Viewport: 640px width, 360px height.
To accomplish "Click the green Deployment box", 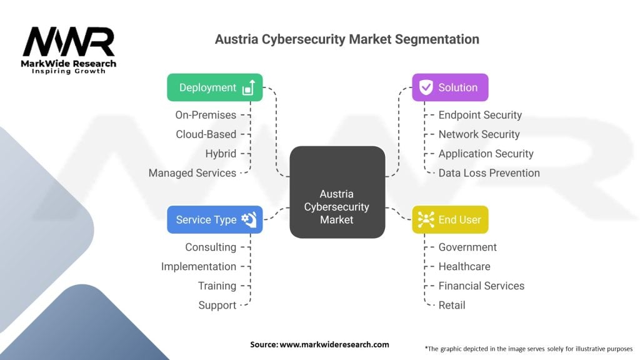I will pyautogui.click(x=214, y=87).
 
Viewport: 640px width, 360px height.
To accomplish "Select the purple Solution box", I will pyautogui.click(x=450, y=87).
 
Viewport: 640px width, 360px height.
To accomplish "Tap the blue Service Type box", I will pyautogui.click(x=214, y=219).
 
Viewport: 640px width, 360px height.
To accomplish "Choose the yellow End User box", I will pyautogui.click(x=450, y=219).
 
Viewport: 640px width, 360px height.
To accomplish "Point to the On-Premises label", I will pyautogui.click(x=206, y=115).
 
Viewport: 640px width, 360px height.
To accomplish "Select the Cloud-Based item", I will pyautogui.click(x=206, y=134).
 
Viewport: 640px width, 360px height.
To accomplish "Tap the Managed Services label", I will pyautogui.click(x=192, y=173).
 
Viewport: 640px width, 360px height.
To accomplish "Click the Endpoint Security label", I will pyautogui.click(x=480, y=115).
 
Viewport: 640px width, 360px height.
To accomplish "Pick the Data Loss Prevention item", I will pyautogui.click(x=489, y=173).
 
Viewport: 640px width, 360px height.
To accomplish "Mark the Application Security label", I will pyautogui.click(x=486, y=154).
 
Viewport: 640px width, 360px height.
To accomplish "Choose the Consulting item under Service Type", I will pyautogui.click(x=211, y=247).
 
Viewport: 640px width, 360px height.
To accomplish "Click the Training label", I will pyautogui.click(x=217, y=286).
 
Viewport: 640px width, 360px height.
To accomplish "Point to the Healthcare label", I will pyautogui.click(x=464, y=267).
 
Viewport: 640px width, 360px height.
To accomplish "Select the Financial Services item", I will pyautogui.click(x=481, y=286).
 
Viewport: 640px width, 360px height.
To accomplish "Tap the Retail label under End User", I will pyautogui.click(x=452, y=306).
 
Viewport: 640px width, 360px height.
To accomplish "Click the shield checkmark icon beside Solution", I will pyautogui.click(x=426, y=87).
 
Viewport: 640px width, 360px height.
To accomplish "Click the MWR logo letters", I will pyautogui.click(x=69, y=42).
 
